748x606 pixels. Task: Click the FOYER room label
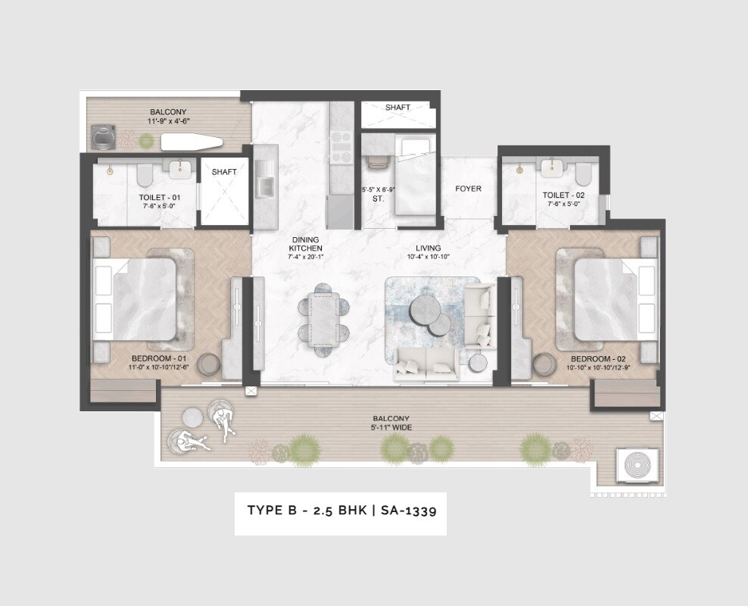click(468, 189)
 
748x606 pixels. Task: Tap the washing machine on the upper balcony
click(102, 137)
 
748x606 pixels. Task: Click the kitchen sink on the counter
click(266, 185)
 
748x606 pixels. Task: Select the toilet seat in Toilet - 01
click(145, 175)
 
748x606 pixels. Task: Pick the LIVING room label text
click(429, 248)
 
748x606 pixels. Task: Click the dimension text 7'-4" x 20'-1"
click(307, 258)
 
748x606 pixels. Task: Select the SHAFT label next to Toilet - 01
click(224, 172)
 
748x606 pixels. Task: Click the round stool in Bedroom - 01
click(209, 364)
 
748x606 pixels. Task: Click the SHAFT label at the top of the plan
click(397, 108)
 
